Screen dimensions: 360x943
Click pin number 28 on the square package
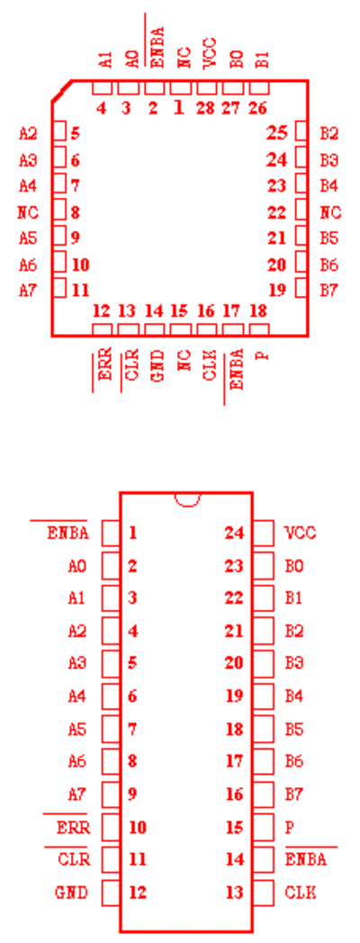[x=206, y=109]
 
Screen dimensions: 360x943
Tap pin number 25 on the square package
[x=277, y=133]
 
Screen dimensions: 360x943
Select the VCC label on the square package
[x=208, y=53]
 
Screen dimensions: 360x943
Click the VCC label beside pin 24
[x=301, y=533]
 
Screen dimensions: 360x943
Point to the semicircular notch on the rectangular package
[x=186, y=499]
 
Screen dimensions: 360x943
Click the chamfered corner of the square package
[x=61, y=92]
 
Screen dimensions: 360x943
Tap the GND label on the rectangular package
[x=72, y=893]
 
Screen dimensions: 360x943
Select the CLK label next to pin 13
[x=301, y=893]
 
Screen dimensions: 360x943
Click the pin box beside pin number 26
[x=259, y=88]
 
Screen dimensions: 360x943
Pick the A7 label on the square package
[x=28, y=291]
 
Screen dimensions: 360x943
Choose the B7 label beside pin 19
[x=328, y=291]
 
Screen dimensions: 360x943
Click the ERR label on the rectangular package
[x=74, y=828]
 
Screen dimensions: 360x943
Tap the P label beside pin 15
[x=289, y=828]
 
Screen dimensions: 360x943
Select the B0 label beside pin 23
[x=294, y=566]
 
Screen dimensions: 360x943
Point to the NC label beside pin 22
[x=330, y=212]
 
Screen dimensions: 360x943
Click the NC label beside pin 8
[x=28, y=212]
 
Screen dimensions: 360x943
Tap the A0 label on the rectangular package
[x=77, y=566]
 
